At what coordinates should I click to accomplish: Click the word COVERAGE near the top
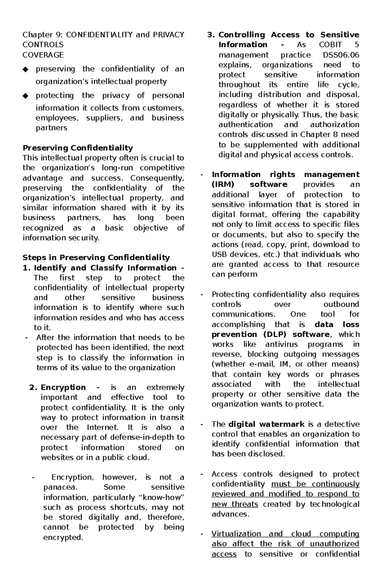pos(43,55)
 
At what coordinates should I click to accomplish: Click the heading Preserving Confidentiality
pos(78,148)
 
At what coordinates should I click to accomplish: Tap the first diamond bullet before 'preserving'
pos(26,69)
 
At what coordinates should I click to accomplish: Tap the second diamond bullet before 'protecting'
pos(26,95)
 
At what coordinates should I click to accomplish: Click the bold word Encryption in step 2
pos(63,387)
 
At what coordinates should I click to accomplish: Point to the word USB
pos(219,254)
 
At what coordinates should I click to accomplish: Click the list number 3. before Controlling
pos(211,35)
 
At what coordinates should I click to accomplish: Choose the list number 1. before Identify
pos(27,268)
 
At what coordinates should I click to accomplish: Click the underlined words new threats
pos(235,504)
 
